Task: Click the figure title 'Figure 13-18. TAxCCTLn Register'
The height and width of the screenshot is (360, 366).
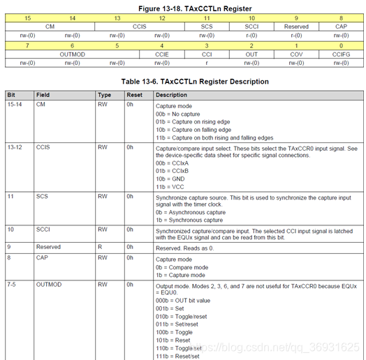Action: pyautogui.click(x=182, y=8)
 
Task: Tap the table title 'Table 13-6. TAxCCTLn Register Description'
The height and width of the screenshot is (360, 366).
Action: pyautogui.click(x=182, y=82)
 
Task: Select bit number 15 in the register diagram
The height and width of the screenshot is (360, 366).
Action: pyautogui.click(x=27, y=17)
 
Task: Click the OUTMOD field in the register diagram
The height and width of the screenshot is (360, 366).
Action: pyautogui.click(x=72, y=53)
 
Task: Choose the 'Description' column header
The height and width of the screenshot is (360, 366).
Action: pyautogui.click(x=172, y=95)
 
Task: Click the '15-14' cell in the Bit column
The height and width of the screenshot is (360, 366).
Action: pyautogui.click(x=14, y=106)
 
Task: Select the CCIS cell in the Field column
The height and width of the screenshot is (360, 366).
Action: pyautogui.click(x=43, y=147)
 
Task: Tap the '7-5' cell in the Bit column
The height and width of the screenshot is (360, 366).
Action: pyautogui.click(x=13, y=285)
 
